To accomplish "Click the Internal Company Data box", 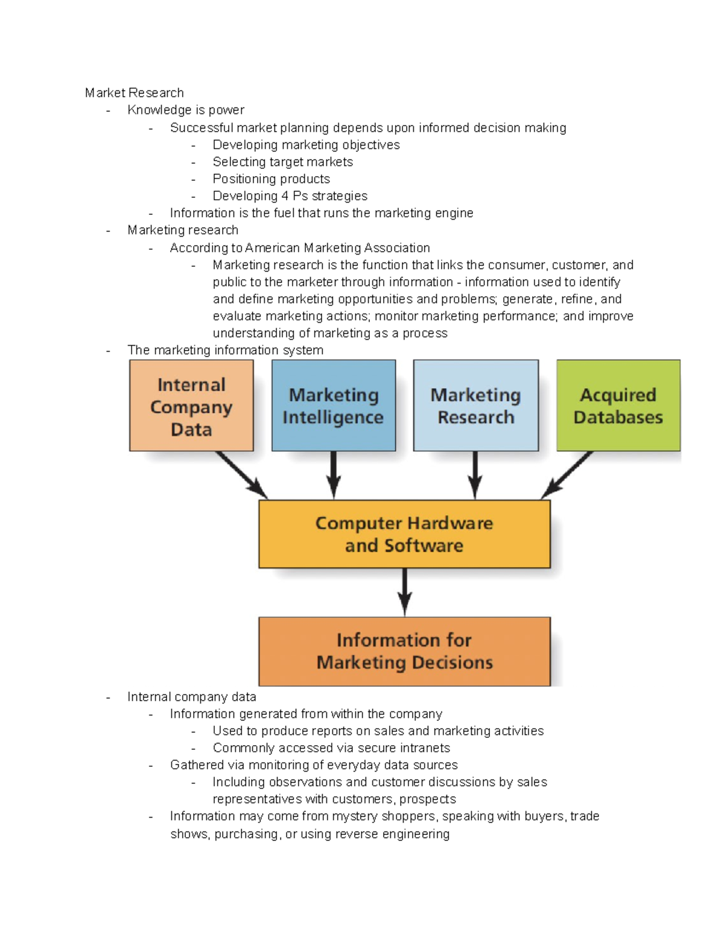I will tap(191, 406).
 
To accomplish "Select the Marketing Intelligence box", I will tap(334, 406).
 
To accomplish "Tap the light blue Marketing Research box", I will tap(475, 406).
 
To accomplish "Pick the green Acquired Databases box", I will tap(618, 406).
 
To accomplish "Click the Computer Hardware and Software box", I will tap(404, 534).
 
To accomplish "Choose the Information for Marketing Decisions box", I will tap(404, 651).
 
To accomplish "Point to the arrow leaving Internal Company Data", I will tap(241, 475).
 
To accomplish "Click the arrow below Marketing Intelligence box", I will tap(334, 475).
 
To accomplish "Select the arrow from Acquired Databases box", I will tap(567, 475).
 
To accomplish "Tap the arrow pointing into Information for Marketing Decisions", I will tap(404, 592).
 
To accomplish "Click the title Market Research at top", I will tap(134, 93).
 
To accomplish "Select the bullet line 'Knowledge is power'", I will tap(186, 110).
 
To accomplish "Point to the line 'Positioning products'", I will tap(271, 179).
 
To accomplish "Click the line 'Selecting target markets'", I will tap(282, 162).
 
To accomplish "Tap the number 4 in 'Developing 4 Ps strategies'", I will tap(285, 196).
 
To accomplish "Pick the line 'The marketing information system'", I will tap(225, 350).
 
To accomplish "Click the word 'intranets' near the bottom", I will tap(425, 748).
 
